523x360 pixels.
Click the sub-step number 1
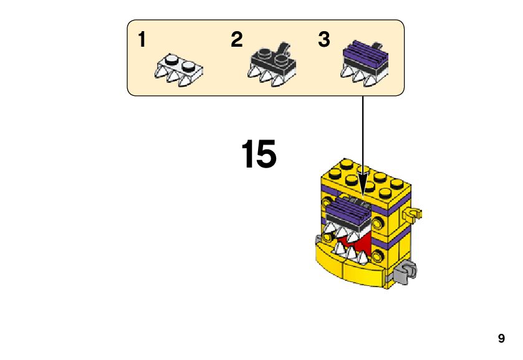click(142, 40)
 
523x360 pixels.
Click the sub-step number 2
click(236, 40)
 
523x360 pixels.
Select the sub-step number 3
click(324, 40)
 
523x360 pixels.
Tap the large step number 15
click(258, 154)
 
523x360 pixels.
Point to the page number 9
click(501, 339)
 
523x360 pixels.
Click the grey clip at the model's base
click(406, 272)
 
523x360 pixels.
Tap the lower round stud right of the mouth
click(378, 254)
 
